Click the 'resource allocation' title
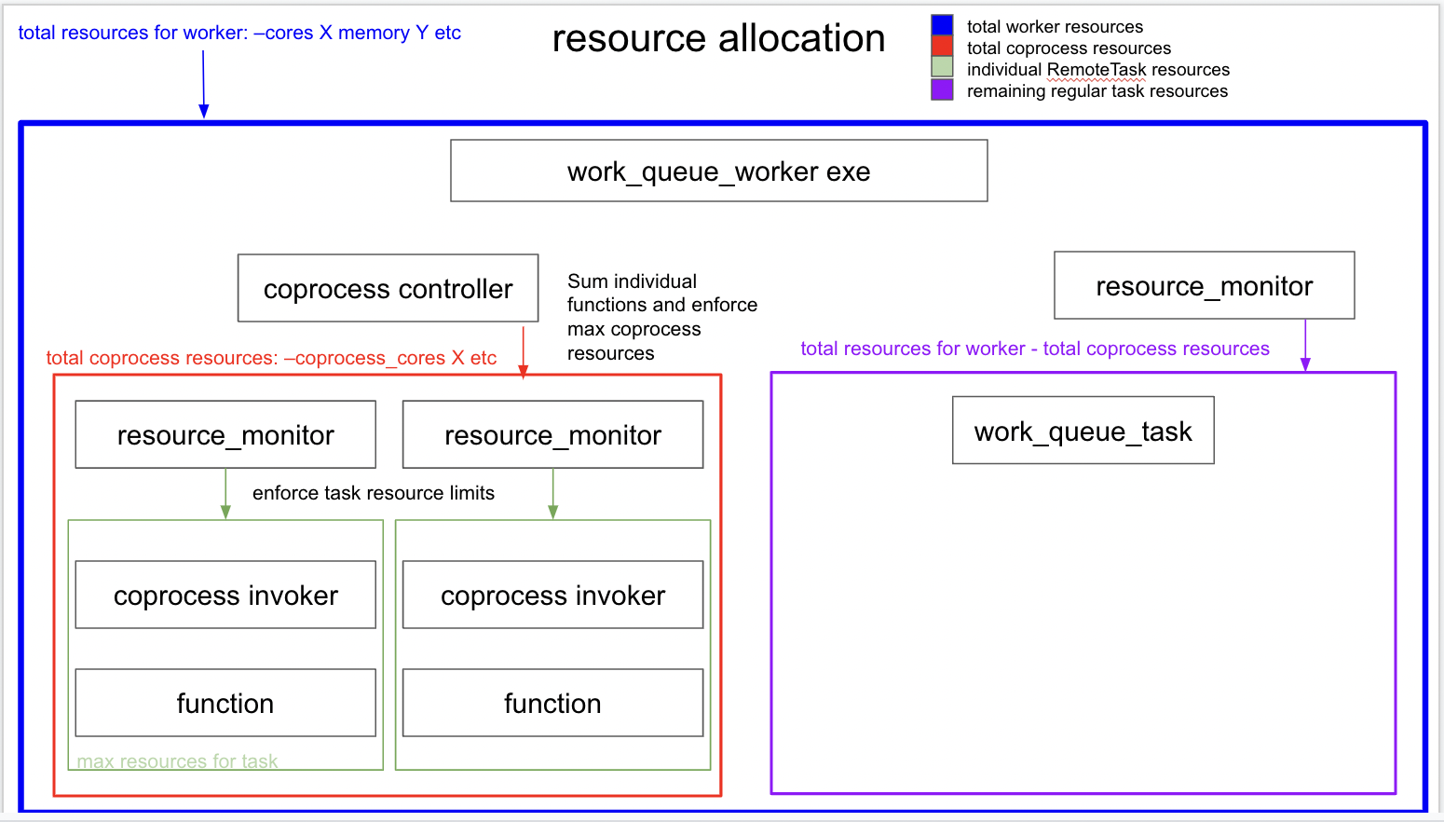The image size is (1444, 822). tap(718, 38)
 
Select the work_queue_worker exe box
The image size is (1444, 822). tap(718, 171)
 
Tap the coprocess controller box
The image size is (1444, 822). tap(388, 288)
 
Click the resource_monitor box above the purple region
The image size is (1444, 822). tap(1204, 285)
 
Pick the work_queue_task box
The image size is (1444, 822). tap(1083, 431)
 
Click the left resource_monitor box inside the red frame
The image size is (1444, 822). tap(225, 434)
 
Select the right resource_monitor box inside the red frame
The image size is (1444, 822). tap(552, 434)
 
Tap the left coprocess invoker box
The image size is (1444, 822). tap(225, 595)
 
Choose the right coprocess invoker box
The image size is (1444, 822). tap(552, 595)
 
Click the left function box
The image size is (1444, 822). tap(225, 703)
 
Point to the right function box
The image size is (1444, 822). tap(552, 703)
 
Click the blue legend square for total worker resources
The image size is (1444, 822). tap(942, 25)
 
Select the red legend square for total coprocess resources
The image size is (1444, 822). tap(942, 47)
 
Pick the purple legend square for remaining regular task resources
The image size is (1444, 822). tap(942, 89)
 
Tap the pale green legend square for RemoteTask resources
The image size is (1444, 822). tap(942, 67)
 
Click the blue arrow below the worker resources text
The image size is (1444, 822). tap(203, 84)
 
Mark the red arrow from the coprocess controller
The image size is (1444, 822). tap(524, 350)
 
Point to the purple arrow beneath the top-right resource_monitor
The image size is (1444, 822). tap(1305, 345)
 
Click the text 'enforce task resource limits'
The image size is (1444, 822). tap(373, 493)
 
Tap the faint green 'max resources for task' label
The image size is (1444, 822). tap(177, 761)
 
